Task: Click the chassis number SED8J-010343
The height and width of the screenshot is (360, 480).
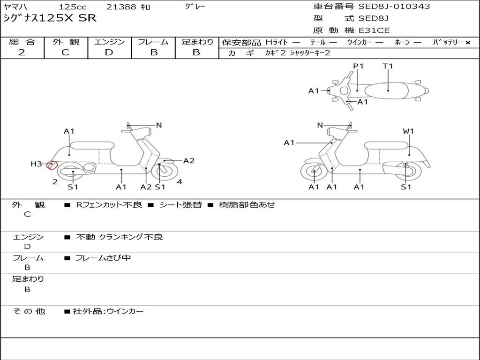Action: click(394, 6)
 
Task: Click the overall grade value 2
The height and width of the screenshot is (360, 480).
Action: click(22, 52)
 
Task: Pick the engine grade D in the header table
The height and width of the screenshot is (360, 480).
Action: click(109, 52)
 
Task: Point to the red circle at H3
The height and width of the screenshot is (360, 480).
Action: click(52, 165)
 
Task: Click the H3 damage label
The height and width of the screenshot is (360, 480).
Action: click(36, 164)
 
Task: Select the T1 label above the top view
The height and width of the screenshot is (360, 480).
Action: click(388, 66)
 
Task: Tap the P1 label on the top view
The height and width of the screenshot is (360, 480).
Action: click(358, 66)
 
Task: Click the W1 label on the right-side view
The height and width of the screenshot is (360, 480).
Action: click(408, 131)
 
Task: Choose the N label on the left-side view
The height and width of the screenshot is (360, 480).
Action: click(159, 125)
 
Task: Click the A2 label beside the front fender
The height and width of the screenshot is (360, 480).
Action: click(189, 161)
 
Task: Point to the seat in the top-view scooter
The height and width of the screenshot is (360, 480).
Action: click(386, 90)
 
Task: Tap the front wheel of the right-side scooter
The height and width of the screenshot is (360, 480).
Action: click(314, 172)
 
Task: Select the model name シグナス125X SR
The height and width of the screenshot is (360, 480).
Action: click(50, 18)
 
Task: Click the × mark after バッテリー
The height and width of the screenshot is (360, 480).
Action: click(468, 43)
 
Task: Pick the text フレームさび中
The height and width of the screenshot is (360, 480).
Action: click(103, 258)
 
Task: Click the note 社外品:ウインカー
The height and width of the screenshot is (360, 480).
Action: click(108, 312)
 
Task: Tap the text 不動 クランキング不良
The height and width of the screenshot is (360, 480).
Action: click(120, 237)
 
